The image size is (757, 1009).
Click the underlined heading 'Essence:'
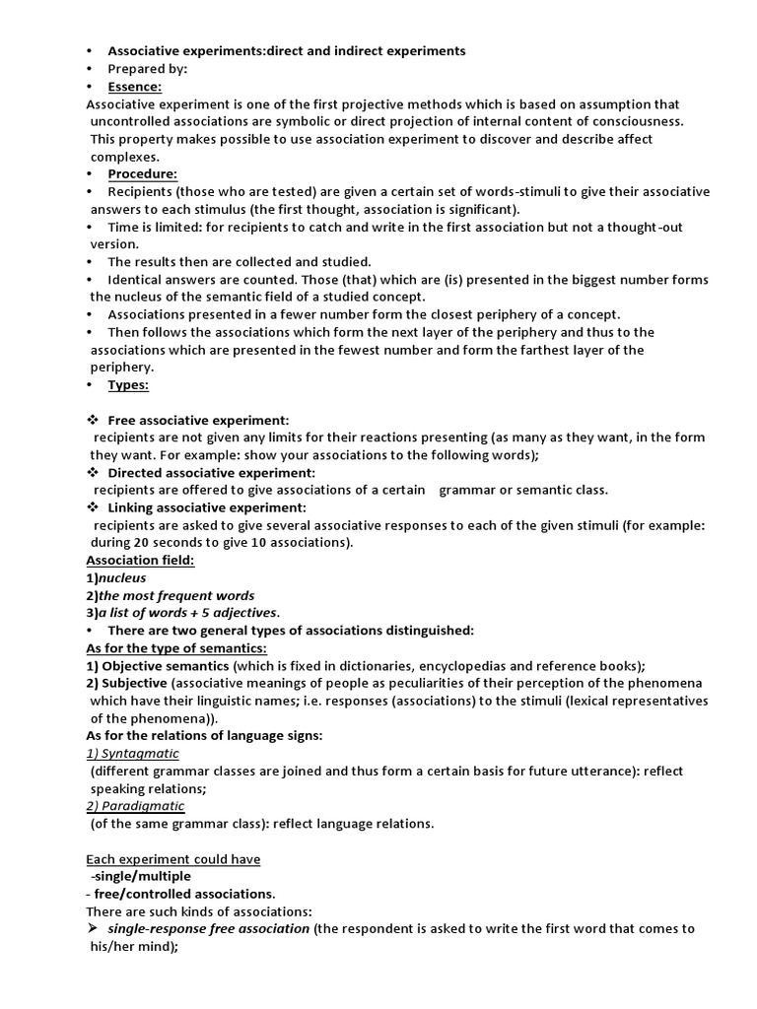pos(134,87)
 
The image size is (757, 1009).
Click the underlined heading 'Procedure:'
pos(142,174)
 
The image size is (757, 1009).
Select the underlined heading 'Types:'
pos(128,385)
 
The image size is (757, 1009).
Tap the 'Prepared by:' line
pos(147,69)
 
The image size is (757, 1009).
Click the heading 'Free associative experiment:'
pos(198,420)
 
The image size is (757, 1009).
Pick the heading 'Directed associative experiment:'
pos(211,473)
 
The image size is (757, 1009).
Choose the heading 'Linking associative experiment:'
pos(207,507)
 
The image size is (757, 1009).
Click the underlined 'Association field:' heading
pos(140,561)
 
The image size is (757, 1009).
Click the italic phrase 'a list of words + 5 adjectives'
pos(187,613)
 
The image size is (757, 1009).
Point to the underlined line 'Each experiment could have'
pos(172,859)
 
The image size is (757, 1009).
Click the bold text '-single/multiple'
pos(141,876)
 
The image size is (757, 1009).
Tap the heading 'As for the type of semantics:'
pos(176,648)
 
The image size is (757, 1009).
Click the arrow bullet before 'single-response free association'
pos(92,929)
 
